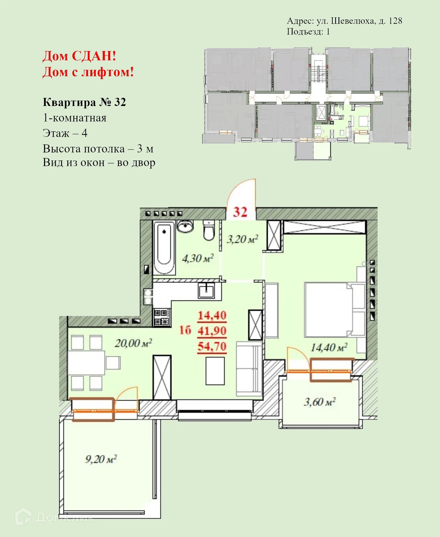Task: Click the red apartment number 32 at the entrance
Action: pyautogui.click(x=240, y=212)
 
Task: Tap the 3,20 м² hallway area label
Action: pyautogui.click(x=242, y=239)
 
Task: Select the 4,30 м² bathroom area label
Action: pyautogui.click(x=198, y=258)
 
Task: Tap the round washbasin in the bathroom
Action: pyautogui.click(x=185, y=226)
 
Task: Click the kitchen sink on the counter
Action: pyautogui.click(x=206, y=291)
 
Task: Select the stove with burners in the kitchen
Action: pyautogui.click(x=162, y=317)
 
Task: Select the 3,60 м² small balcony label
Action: pyautogui.click(x=320, y=402)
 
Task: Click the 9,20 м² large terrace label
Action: pyautogui.click(x=101, y=459)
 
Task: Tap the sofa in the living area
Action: pyautogui.click(x=249, y=369)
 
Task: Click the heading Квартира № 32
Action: pyautogui.click(x=84, y=102)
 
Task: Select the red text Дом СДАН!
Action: pyautogui.click(x=79, y=56)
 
